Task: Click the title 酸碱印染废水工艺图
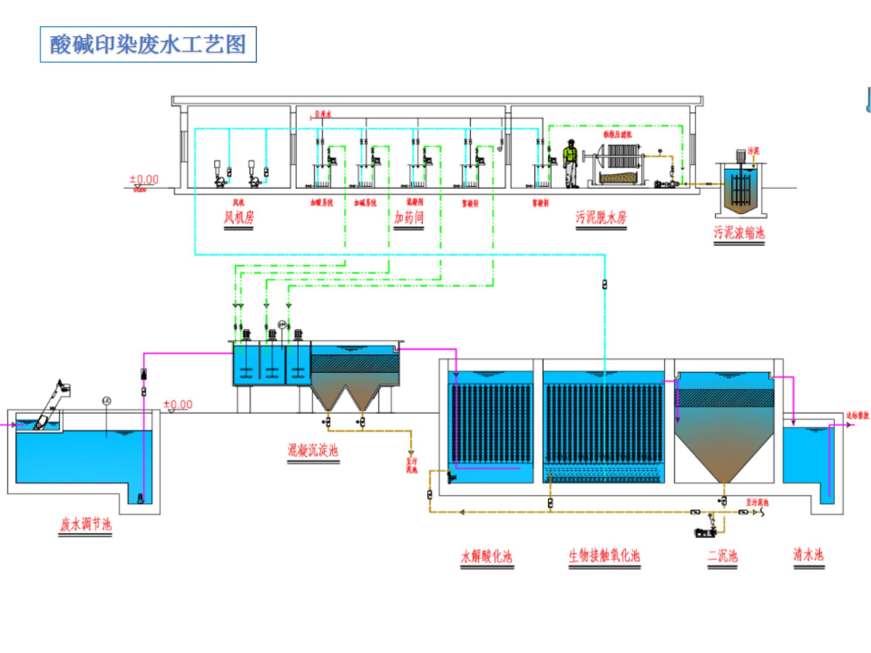tap(148, 44)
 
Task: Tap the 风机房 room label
tap(239, 217)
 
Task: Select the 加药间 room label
tap(408, 217)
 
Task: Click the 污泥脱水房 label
tap(601, 217)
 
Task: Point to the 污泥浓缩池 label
tap(739, 232)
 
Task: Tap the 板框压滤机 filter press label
tap(617, 135)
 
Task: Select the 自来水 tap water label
tap(323, 114)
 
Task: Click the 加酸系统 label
tap(321, 203)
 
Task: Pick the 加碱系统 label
tap(365, 203)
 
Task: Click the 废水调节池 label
tap(85, 524)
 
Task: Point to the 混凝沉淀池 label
tap(313, 450)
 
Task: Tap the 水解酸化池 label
tap(486, 556)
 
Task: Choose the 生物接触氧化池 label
tap(604, 555)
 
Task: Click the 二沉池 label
tap(722, 556)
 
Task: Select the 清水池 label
tap(809, 555)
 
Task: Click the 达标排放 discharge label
tap(857, 415)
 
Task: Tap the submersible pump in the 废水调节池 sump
tap(140, 498)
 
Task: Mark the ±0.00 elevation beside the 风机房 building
tap(144, 179)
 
